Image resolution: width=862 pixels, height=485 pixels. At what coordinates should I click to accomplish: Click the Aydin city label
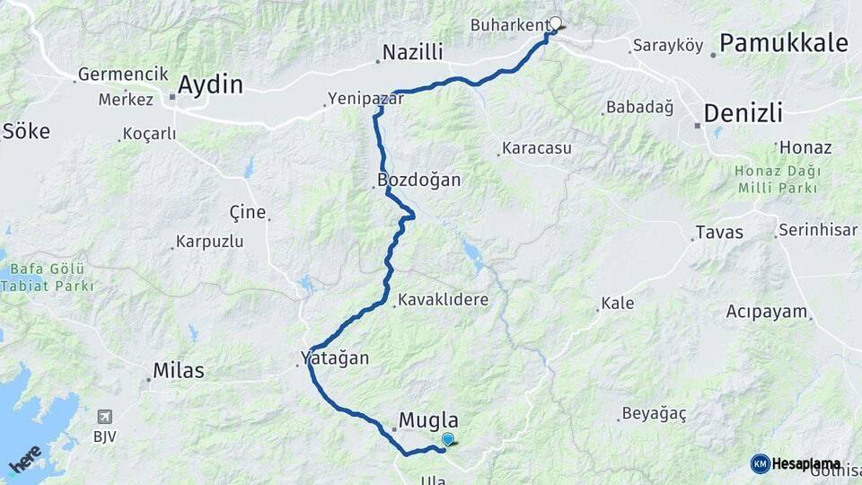(211, 85)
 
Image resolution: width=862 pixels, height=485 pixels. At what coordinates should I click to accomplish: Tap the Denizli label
(743, 113)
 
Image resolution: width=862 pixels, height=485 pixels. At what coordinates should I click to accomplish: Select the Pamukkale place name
(784, 42)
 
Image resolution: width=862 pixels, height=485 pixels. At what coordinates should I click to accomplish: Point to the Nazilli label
(413, 53)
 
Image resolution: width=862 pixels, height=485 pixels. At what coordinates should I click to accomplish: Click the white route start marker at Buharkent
(555, 24)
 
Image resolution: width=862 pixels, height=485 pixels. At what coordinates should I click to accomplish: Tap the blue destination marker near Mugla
(447, 438)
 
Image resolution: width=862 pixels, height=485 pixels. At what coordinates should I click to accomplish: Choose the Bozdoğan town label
(419, 180)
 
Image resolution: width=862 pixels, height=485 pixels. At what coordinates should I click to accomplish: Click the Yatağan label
(335, 357)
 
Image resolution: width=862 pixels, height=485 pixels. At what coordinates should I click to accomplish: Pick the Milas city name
(179, 370)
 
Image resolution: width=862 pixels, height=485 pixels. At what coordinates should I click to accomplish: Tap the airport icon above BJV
(106, 417)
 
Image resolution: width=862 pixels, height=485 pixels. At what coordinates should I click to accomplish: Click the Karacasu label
(537, 148)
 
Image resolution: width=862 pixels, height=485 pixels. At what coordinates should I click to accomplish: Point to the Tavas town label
(719, 233)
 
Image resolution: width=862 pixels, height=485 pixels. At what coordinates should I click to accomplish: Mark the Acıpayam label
(768, 312)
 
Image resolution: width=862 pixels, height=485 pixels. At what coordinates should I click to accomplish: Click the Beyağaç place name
(655, 414)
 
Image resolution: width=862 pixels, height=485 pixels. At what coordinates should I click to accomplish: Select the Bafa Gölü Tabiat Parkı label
(47, 278)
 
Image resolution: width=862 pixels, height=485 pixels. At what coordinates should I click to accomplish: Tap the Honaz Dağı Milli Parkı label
(777, 180)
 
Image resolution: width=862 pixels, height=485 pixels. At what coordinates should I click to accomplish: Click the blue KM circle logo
(760, 463)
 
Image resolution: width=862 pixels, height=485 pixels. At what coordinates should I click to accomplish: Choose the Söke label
(26, 131)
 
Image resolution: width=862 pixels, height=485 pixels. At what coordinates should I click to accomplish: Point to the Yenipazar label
(366, 100)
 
